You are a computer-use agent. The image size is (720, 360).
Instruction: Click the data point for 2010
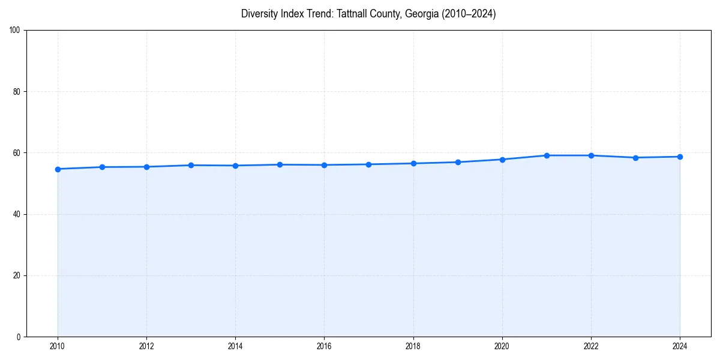58,169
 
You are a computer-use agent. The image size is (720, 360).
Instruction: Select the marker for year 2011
102,167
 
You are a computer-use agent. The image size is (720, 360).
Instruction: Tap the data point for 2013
191,165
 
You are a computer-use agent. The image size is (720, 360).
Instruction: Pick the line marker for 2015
280,164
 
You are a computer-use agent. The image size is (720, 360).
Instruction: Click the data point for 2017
368,164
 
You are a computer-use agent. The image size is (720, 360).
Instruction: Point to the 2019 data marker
458,162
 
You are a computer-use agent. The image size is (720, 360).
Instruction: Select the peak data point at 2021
547,155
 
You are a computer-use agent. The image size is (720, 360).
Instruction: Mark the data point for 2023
635,158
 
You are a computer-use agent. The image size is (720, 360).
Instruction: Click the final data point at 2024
680,157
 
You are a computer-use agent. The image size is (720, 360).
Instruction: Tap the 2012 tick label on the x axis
146,346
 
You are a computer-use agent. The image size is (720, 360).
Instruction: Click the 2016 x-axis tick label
324,346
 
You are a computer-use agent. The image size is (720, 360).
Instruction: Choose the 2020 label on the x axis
502,346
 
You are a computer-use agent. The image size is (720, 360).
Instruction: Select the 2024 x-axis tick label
680,346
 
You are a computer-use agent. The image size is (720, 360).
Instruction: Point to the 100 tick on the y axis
15,31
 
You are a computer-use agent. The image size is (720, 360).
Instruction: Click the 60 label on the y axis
17,153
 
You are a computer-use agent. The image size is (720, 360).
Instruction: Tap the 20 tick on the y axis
17,275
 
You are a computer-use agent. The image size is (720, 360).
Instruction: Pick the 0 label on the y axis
19,337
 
